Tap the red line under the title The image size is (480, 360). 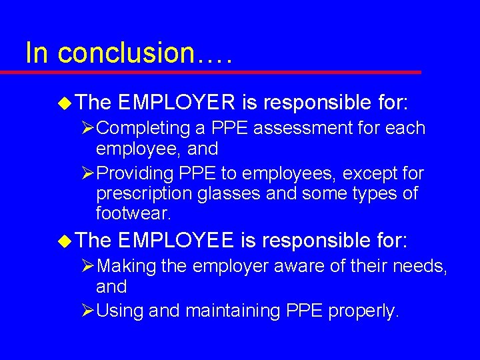(x=220, y=72)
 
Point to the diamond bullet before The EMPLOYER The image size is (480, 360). (x=64, y=103)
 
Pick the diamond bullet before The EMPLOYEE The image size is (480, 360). (x=64, y=241)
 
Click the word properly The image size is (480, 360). (x=363, y=311)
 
